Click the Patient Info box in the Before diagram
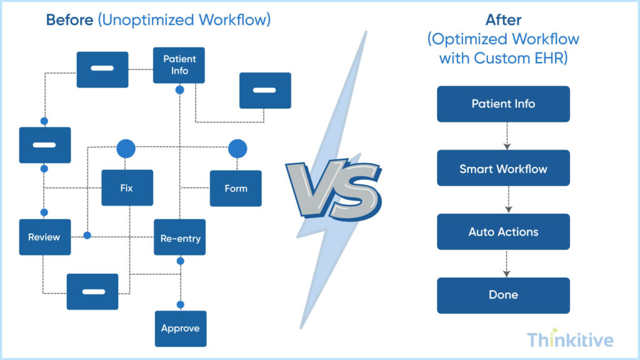point(179,65)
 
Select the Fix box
point(127,187)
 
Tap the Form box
point(236,188)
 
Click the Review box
point(44,237)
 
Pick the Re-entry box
point(180,237)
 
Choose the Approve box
point(180,328)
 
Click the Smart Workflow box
point(503,168)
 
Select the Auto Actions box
point(503,232)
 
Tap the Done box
point(503,295)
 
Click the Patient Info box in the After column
point(503,104)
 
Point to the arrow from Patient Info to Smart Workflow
point(507,136)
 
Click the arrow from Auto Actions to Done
point(507,264)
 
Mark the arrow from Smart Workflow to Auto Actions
point(507,200)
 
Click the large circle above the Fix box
point(126,148)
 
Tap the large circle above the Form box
point(237,148)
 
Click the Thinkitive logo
point(569,339)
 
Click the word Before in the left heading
point(69,20)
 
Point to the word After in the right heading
point(503,19)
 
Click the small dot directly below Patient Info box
point(179,90)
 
